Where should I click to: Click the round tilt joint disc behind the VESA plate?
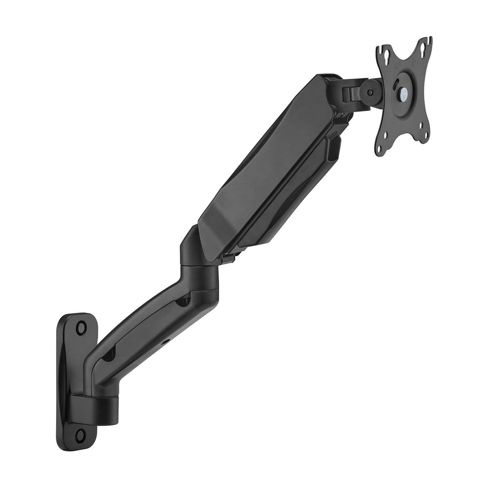[371, 92]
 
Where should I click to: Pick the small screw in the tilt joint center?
[371, 92]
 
